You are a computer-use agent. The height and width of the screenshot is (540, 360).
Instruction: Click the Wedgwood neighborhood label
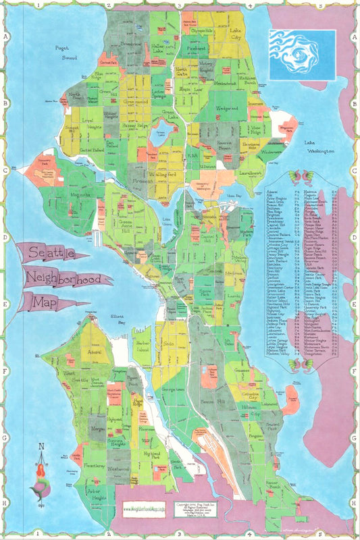[x=227, y=108]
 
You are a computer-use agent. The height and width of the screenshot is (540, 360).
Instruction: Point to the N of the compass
[x=41, y=446]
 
